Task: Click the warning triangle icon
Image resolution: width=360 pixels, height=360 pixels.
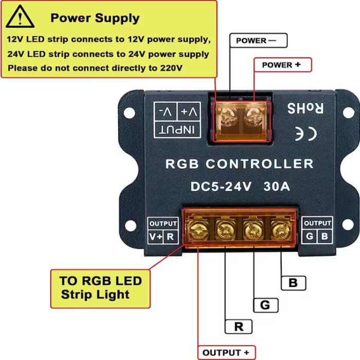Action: [x=20, y=17]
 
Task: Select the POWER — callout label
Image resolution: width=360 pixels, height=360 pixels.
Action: [x=256, y=41]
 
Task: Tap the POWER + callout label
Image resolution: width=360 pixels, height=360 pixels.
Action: [x=281, y=65]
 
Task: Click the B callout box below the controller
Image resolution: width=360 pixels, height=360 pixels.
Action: [x=293, y=282]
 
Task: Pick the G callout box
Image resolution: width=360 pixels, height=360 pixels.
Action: [x=265, y=305]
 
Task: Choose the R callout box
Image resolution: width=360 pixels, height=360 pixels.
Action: [x=238, y=326]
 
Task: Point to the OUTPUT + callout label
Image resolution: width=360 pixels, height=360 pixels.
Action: [x=226, y=352]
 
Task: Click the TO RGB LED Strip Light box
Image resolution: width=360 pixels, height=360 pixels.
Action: [x=100, y=288]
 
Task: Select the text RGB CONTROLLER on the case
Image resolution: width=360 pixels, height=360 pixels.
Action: [x=239, y=164]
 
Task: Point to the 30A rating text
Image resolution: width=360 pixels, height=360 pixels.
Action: [x=277, y=187]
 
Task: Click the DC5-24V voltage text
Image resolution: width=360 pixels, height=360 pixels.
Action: [x=221, y=187]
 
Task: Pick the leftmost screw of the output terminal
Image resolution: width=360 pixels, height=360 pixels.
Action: [x=198, y=227]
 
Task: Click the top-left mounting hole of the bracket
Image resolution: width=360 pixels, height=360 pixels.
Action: [x=130, y=112]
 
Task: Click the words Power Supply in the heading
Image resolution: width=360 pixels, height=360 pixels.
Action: [x=95, y=19]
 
